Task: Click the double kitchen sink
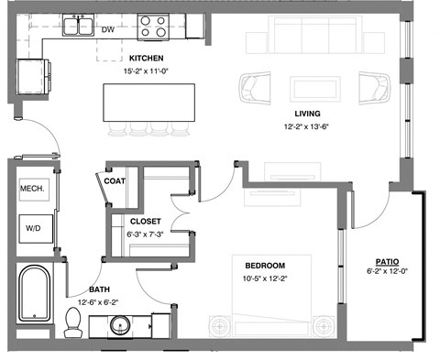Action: [x=76, y=25]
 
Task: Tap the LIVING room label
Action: [x=305, y=88]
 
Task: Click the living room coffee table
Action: [x=305, y=89]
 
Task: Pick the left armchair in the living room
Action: [x=253, y=89]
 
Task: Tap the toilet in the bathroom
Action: [x=74, y=321]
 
